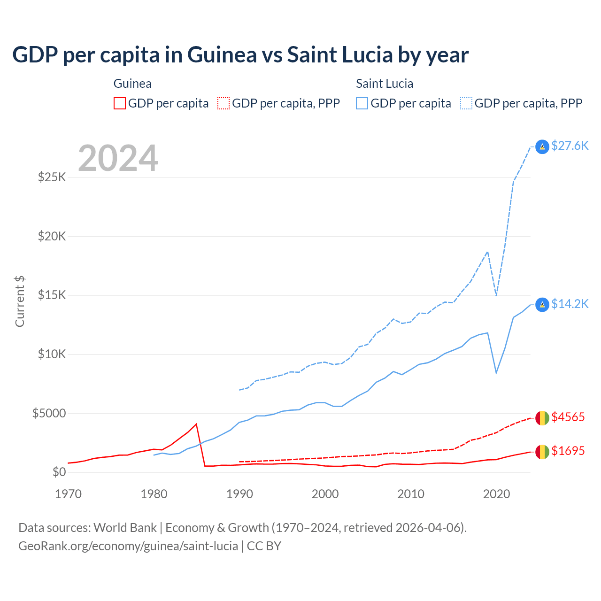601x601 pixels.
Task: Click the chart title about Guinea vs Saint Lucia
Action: (x=240, y=55)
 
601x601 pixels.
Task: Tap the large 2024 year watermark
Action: (x=118, y=158)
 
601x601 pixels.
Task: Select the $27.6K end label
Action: (x=570, y=146)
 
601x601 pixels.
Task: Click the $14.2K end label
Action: (x=570, y=304)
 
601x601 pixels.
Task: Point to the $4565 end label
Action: (x=568, y=417)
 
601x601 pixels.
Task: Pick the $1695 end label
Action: (x=568, y=451)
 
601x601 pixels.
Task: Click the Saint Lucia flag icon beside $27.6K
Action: (x=542, y=147)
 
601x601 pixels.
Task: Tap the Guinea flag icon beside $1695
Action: (x=542, y=452)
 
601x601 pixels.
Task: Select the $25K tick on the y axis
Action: (x=52, y=177)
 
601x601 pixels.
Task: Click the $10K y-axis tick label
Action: (x=52, y=354)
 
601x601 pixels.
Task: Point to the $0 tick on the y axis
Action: (x=59, y=472)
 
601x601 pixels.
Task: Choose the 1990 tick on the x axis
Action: (x=239, y=494)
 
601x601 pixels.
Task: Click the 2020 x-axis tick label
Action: (x=496, y=494)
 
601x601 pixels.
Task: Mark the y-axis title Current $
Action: (x=20, y=301)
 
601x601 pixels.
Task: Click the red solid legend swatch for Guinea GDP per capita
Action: (x=120, y=103)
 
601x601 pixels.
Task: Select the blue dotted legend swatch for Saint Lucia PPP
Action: (x=466, y=103)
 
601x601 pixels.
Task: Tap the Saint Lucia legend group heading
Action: (x=385, y=84)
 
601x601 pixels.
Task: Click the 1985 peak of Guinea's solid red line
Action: (x=196, y=424)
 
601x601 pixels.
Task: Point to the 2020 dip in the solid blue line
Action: (x=496, y=373)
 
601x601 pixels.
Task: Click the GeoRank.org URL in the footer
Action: (x=128, y=546)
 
